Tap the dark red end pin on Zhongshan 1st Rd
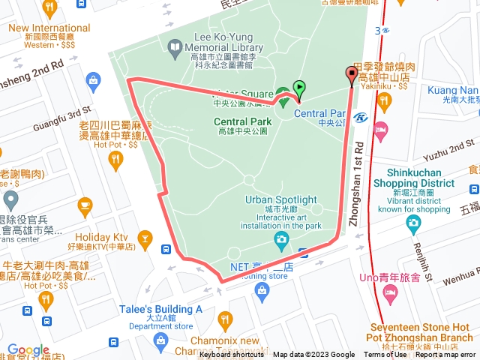352,74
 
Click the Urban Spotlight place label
281,200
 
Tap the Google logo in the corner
28,350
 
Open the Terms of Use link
385,355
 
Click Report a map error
445,355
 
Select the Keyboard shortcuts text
232,355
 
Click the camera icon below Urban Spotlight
281,241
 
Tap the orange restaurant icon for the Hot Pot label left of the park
115,159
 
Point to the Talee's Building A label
161,309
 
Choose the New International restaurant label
49,28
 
